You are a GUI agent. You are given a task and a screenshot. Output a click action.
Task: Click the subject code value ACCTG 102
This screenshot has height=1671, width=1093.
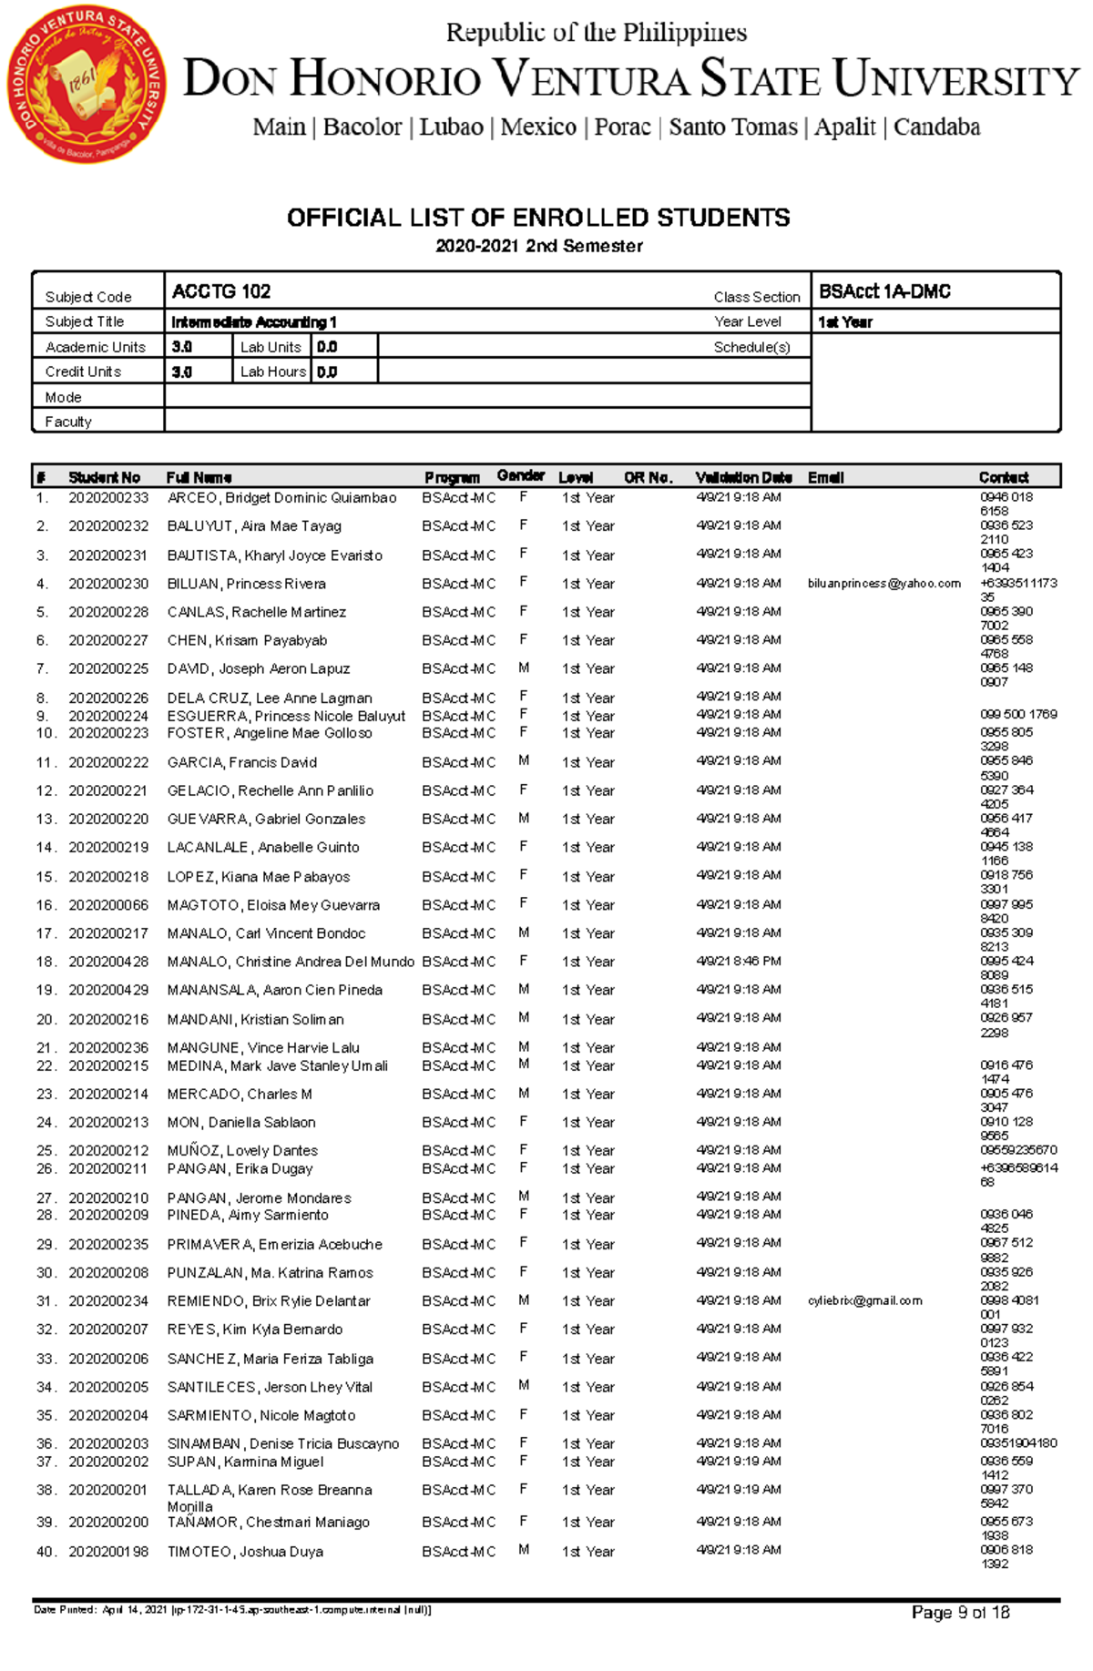click(x=221, y=291)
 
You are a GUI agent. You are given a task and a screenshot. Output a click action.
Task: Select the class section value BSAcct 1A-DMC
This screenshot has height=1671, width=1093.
click(x=884, y=291)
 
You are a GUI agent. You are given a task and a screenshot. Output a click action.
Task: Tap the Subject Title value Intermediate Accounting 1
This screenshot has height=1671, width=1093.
click(x=254, y=322)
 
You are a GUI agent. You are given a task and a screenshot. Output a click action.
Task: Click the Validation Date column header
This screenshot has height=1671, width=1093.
click(x=743, y=477)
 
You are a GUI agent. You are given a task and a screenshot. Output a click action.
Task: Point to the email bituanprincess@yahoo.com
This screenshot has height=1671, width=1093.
click(x=884, y=584)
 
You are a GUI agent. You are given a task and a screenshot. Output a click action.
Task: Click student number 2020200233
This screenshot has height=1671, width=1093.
click(x=108, y=498)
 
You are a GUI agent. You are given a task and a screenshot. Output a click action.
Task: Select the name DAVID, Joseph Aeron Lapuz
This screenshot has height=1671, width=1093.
click(x=259, y=668)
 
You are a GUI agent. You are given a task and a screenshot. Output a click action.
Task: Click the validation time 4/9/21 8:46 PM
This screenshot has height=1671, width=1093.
click(x=739, y=961)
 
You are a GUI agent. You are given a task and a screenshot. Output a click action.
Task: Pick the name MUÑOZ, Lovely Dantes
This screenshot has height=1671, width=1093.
click(x=242, y=1150)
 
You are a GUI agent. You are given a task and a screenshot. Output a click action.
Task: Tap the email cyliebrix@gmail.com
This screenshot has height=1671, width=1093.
click(x=864, y=1300)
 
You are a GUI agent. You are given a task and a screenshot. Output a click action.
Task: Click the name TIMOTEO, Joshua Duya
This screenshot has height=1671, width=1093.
click(x=245, y=1552)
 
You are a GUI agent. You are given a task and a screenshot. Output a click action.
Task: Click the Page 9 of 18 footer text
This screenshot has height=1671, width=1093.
click(x=960, y=1613)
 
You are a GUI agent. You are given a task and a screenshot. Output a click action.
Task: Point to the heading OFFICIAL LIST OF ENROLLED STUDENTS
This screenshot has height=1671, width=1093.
click(x=538, y=218)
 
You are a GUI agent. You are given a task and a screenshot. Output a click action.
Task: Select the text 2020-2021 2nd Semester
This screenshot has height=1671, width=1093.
click(x=538, y=246)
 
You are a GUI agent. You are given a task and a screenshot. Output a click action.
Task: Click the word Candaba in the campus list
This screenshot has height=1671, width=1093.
click(x=936, y=127)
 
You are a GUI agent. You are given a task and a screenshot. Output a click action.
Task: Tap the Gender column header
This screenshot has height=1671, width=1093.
click(x=521, y=475)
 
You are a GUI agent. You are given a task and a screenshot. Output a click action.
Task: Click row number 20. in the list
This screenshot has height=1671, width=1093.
click(x=46, y=1019)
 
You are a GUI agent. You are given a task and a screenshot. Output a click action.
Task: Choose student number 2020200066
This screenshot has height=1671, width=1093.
click(x=108, y=905)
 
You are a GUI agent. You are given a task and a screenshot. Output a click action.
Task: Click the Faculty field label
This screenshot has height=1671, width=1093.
click(x=68, y=422)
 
